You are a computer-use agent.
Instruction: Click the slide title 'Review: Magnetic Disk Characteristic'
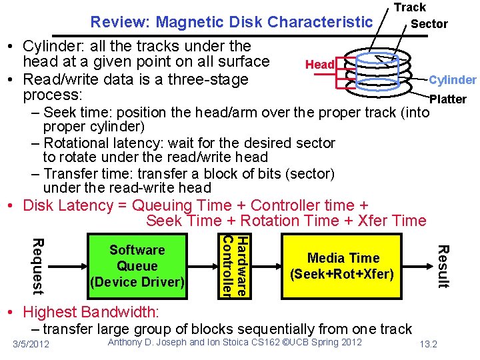coord(231,22)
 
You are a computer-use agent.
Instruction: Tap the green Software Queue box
coord(137,265)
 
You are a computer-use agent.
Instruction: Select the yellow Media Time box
coord(343,265)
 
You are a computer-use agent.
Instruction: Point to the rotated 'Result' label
coord(441,266)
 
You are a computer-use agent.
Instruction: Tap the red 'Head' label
coord(319,65)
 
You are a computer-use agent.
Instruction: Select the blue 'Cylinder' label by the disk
coord(452,80)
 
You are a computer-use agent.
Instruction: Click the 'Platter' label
coord(448,99)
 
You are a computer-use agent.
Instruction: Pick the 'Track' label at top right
coord(409,7)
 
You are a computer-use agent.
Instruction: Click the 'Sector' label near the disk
coord(429,24)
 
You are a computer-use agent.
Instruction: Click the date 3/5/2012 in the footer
coord(31,343)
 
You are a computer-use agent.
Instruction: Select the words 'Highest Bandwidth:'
coord(91,311)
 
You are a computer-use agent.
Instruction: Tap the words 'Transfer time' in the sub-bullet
coord(85,173)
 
